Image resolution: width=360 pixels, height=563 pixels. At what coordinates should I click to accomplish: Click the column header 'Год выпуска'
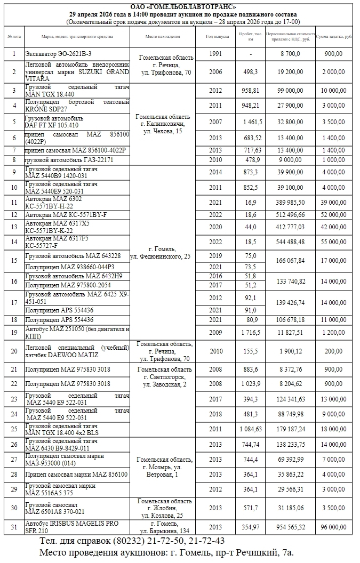click(x=218, y=37)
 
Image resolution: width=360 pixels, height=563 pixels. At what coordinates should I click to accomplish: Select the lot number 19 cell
click(x=14, y=333)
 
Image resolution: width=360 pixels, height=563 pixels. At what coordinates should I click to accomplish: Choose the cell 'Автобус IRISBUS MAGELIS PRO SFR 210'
click(x=77, y=527)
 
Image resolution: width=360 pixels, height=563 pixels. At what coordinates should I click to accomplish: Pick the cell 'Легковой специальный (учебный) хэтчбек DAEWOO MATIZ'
click(x=77, y=352)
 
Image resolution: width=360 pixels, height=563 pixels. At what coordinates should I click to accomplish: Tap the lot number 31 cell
click(x=14, y=527)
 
